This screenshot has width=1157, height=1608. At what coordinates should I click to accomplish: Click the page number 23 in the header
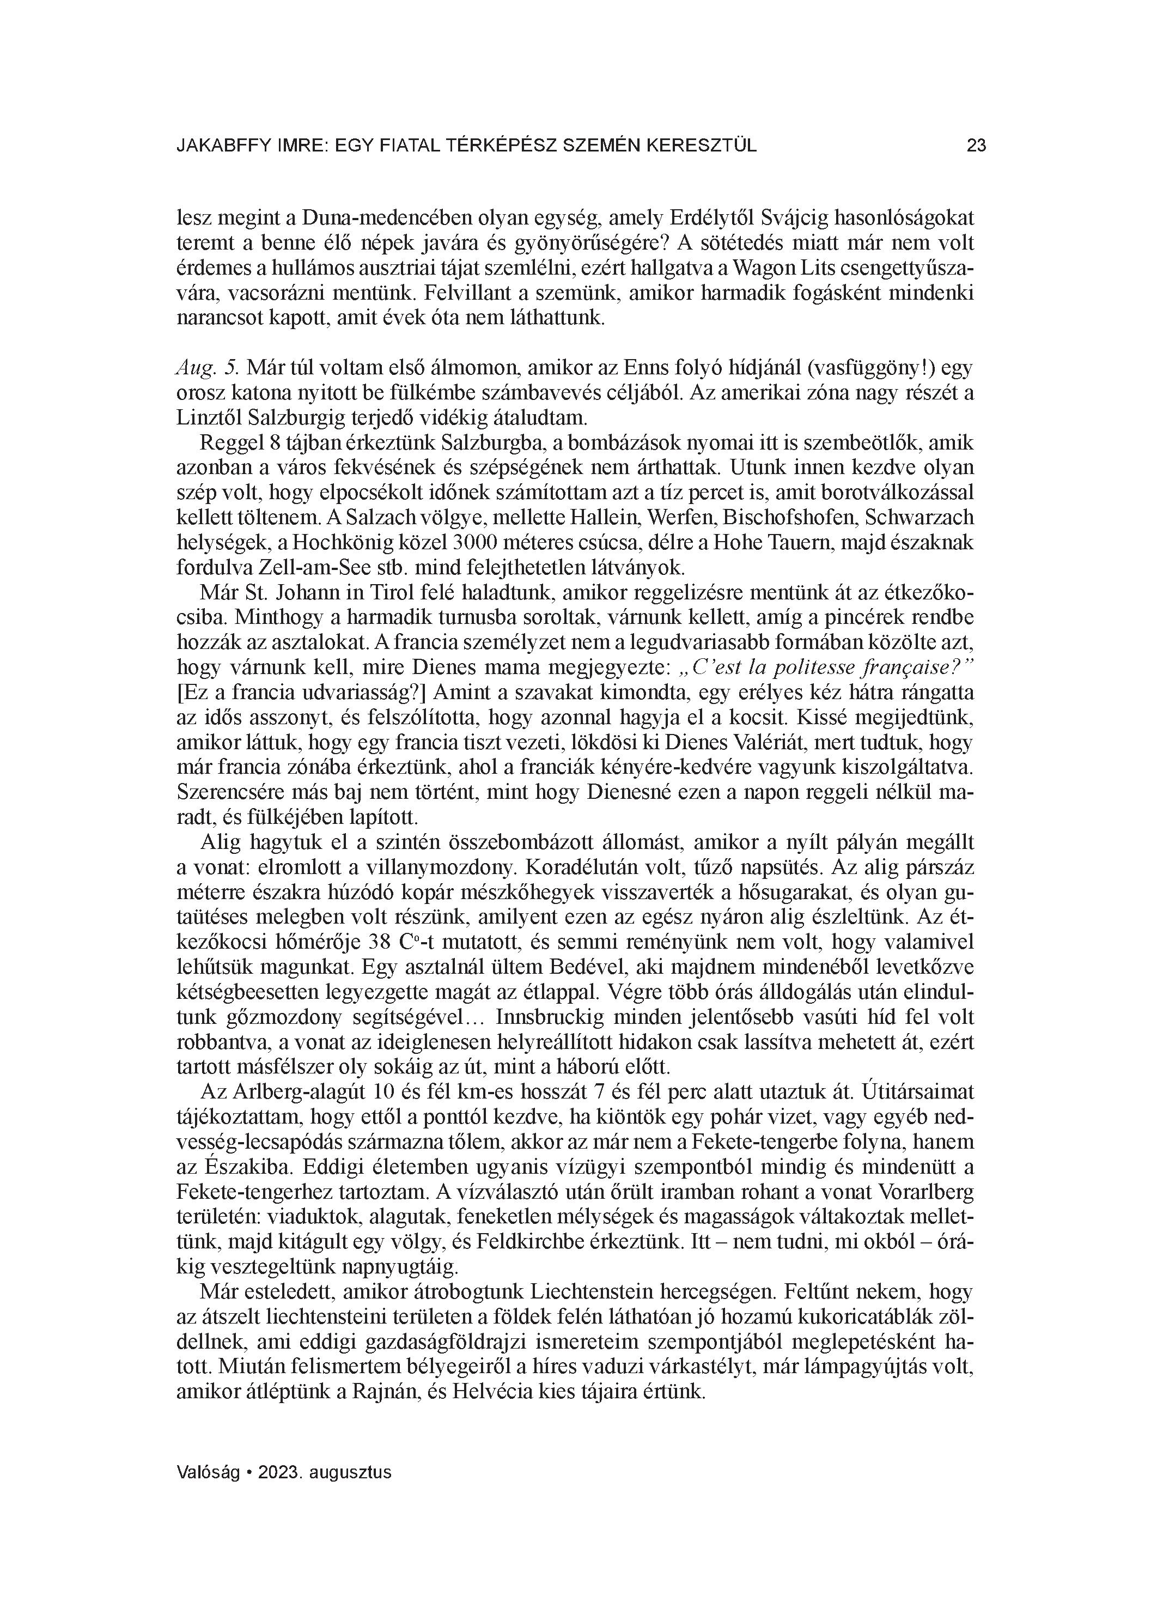point(976,146)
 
